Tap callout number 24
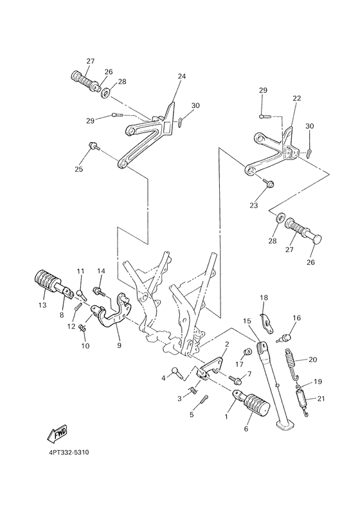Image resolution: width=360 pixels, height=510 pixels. click(x=181, y=77)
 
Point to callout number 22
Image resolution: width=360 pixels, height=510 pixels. click(x=297, y=98)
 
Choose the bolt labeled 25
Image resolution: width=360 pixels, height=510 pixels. click(x=94, y=147)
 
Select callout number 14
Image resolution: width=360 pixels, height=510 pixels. click(x=101, y=271)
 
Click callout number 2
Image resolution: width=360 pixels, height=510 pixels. click(x=226, y=345)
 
